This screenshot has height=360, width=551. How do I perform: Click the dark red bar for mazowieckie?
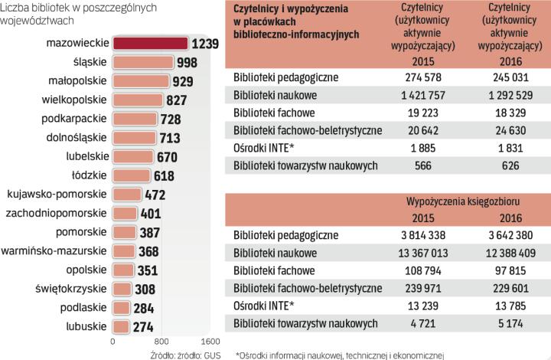coord(150,43)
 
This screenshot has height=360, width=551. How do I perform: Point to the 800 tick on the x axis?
coord(161,341)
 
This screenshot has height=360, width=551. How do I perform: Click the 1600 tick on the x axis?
coord(210,341)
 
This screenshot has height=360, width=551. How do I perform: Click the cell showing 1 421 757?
coord(419,95)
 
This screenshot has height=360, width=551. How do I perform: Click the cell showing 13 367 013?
coord(419,253)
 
